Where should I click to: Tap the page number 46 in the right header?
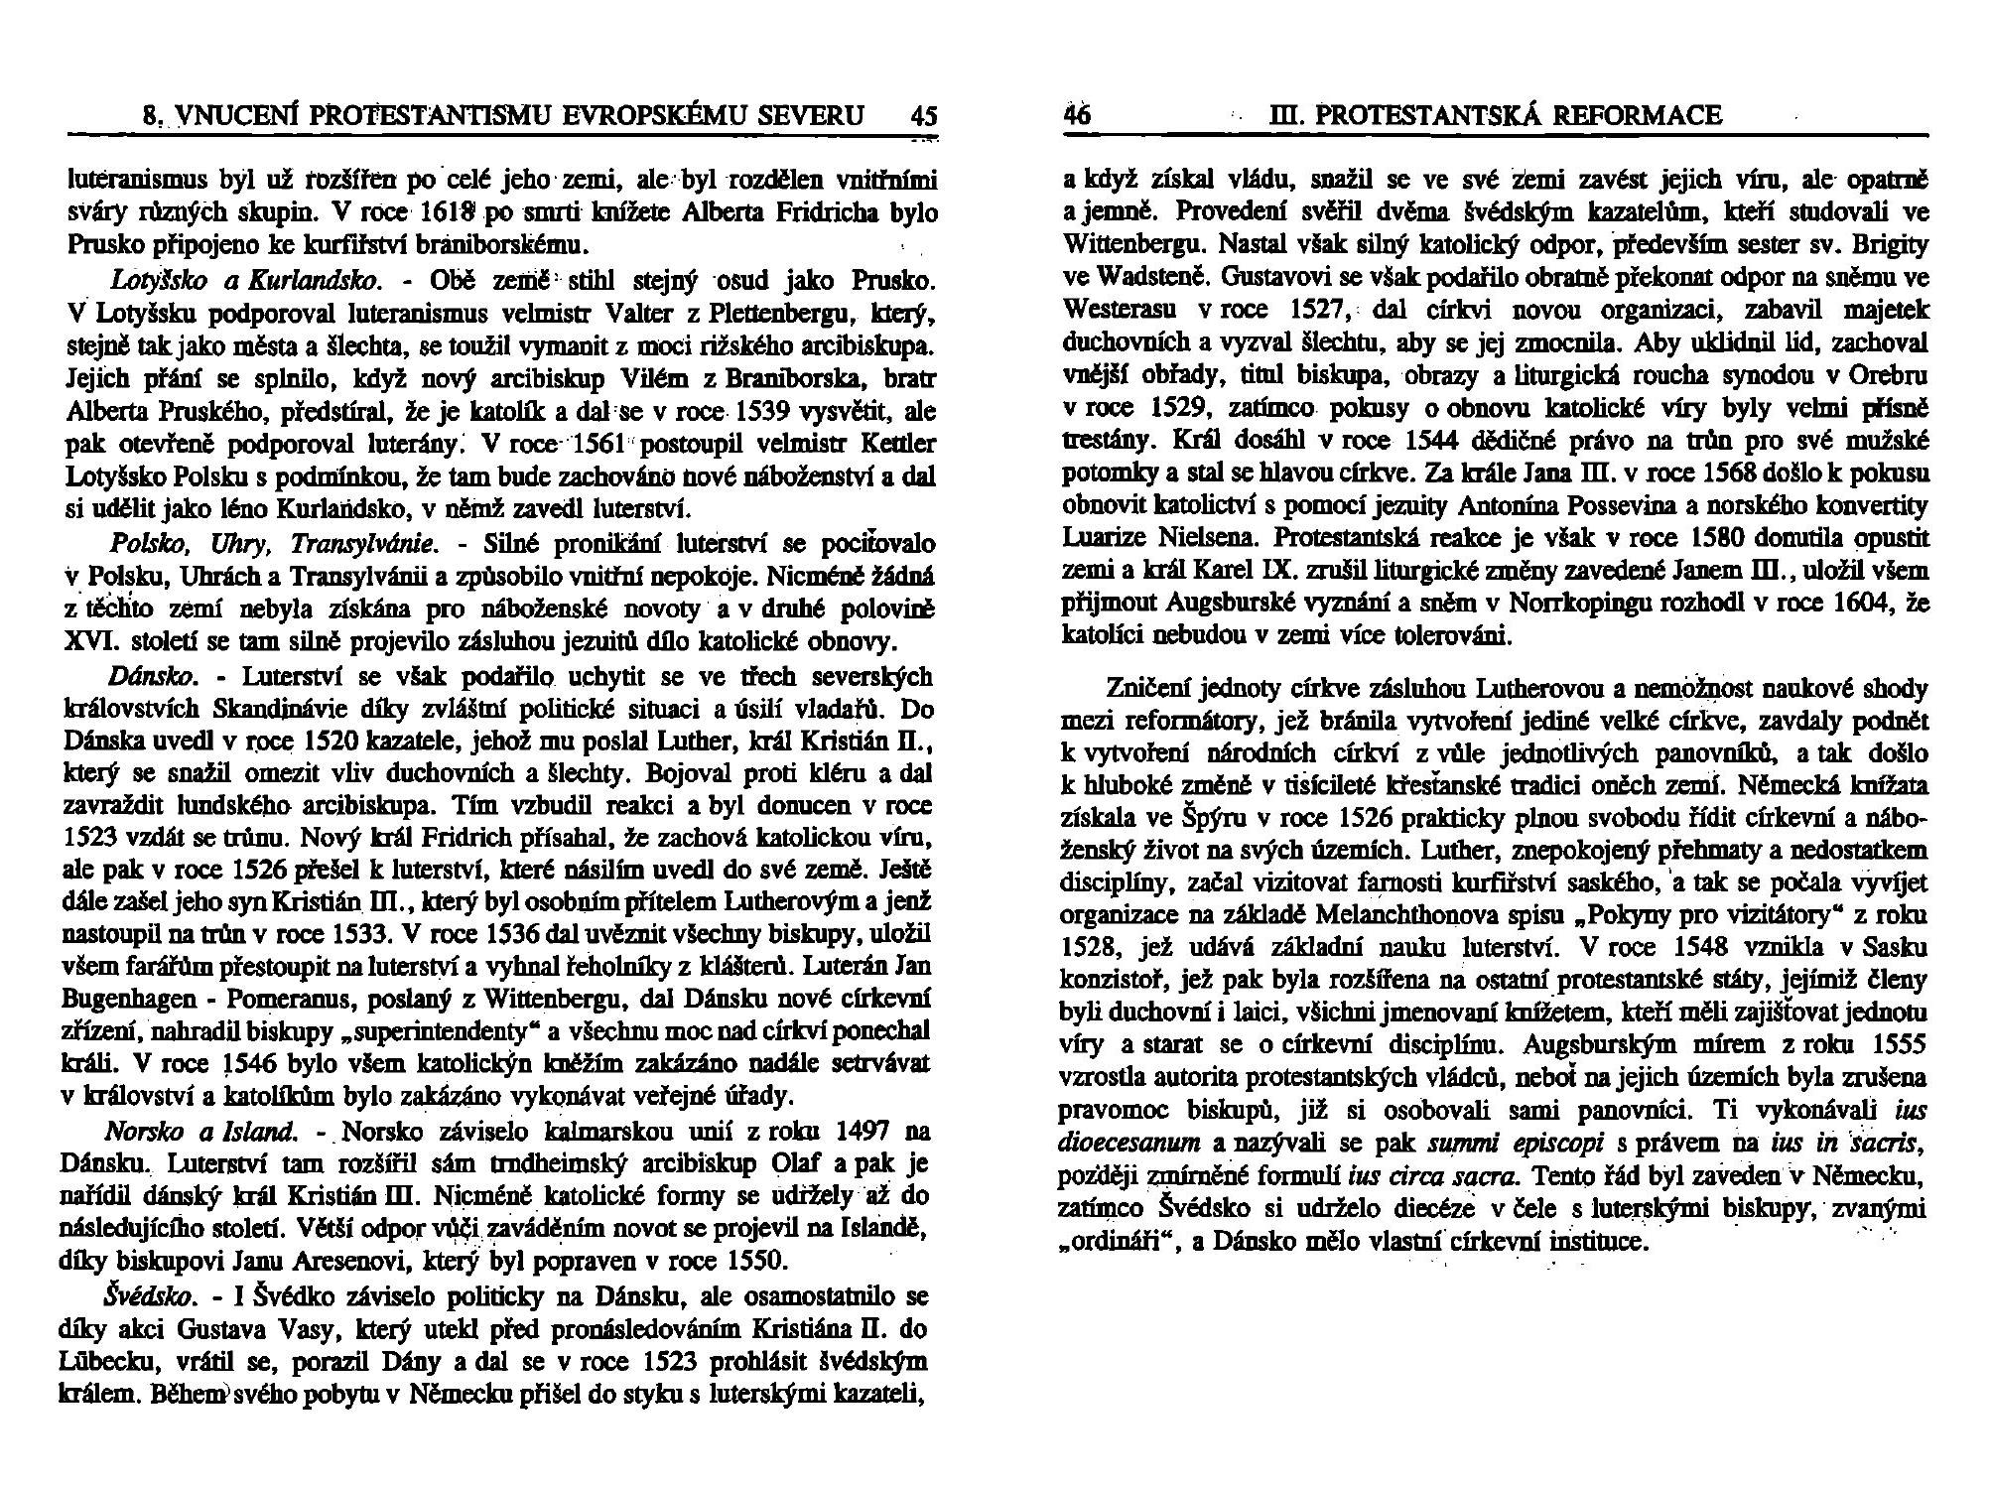pyautogui.click(x=1076, y=116)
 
